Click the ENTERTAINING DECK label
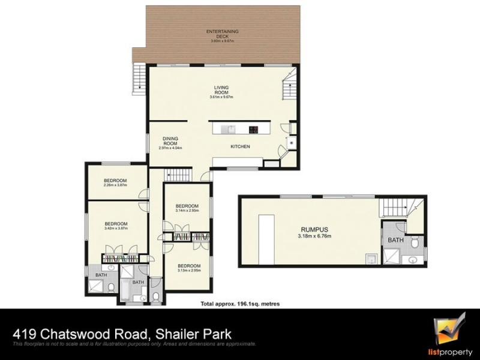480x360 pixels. click(223, 33)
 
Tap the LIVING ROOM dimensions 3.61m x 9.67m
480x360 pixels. click(222, 97)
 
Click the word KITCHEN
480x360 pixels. click(240, 146)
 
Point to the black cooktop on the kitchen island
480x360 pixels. click(254, 128)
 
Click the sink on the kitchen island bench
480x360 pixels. click(229, 128)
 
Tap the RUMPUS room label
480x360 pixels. click(316, 229)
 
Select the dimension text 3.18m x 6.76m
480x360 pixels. click(316, 236)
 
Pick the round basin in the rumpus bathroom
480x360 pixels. click(413, 260)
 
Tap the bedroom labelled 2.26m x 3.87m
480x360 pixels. click(115, 184)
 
